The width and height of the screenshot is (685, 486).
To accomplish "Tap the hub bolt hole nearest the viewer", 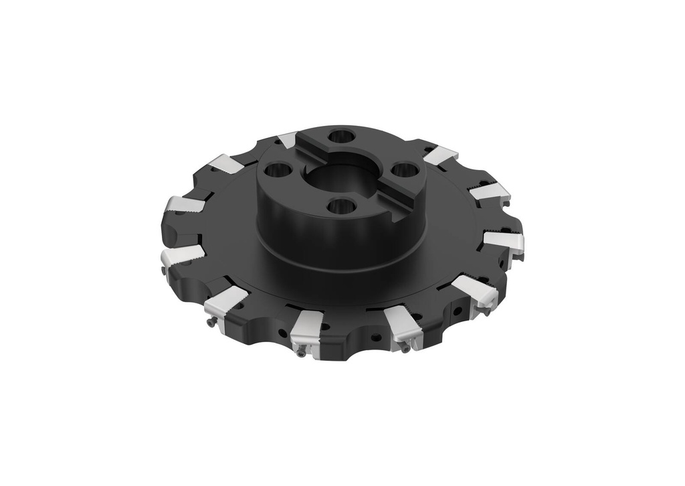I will (341, 206).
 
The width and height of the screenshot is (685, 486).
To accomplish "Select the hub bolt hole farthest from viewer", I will (341, 136).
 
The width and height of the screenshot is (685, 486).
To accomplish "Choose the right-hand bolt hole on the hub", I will (403, 169).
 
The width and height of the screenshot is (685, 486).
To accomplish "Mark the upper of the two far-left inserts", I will (185, 204).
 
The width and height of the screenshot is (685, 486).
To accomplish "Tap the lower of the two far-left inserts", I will (181, 254).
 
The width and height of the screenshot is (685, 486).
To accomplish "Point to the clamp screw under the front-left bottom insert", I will (302, 352).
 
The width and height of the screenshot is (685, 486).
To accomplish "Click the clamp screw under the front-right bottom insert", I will (405, 348).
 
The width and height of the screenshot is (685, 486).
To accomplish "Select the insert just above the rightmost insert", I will (490, 192).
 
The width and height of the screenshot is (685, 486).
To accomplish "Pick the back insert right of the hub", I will (440, 155).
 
